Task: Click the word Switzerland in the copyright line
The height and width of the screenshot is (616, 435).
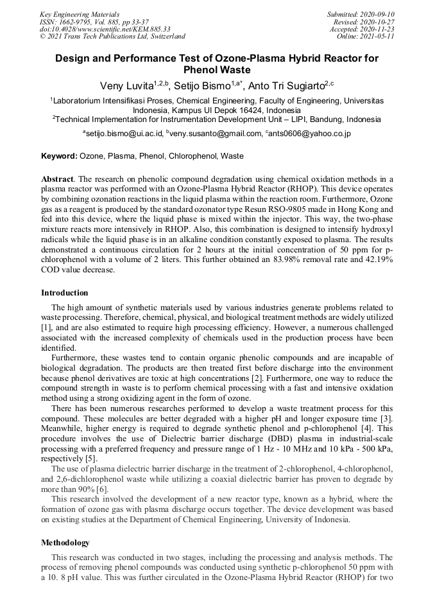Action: (164, 37)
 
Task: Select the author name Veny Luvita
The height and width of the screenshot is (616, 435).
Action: (126, 85)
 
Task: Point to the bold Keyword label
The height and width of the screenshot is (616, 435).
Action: (59, 156)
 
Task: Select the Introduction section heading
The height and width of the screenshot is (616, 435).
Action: (64, 293)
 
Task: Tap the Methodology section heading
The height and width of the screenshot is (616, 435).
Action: (65, 543)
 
